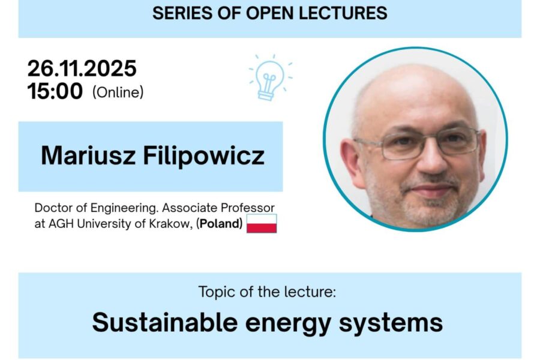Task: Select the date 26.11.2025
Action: (82, 68)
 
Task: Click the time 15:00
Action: (55, 91)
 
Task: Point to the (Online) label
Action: (118, 92)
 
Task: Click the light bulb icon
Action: (271, 78)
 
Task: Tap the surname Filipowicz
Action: (204, 157)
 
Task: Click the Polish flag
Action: (262, 223)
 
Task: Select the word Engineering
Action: (124, 208)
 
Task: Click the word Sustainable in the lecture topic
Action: (165, 322)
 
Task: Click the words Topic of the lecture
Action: (267, 292)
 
